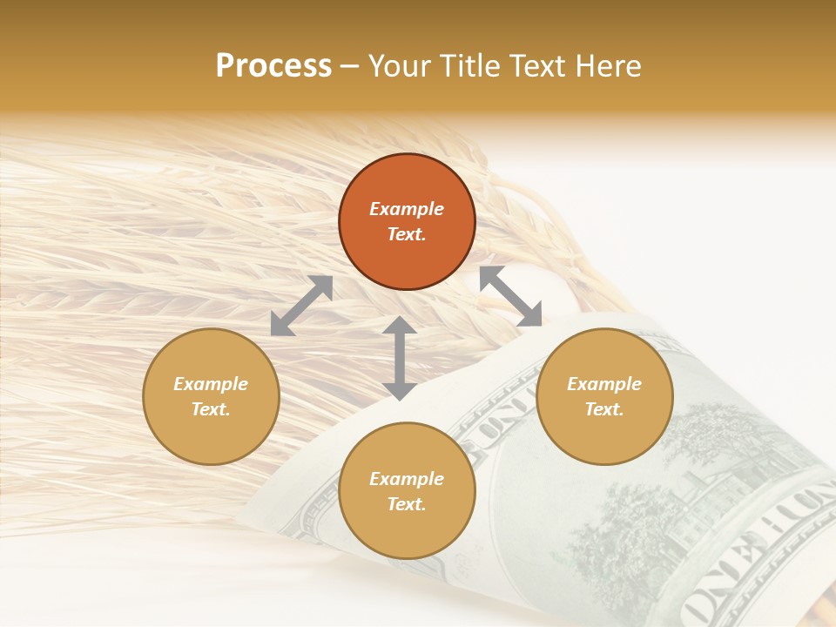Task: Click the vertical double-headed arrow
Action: [x=400, y=358]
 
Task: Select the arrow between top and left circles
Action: [x=301, y=306]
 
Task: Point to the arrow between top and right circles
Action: [x=510, y=296]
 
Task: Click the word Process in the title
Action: [x=273, y=66]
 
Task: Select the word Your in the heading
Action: [x=396, y=66]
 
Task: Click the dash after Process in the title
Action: [x=349, y=66]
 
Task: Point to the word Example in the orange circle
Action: [x=407, y=209]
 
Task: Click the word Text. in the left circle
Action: [x=211, y=409]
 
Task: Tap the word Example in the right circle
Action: [x=604, y=384]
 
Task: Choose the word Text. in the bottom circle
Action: [x=407, y=504]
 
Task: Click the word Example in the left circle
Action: [x=211, y=384]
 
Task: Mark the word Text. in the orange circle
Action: [x=407, y=234]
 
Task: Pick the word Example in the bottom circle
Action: [x=407, y=479]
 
